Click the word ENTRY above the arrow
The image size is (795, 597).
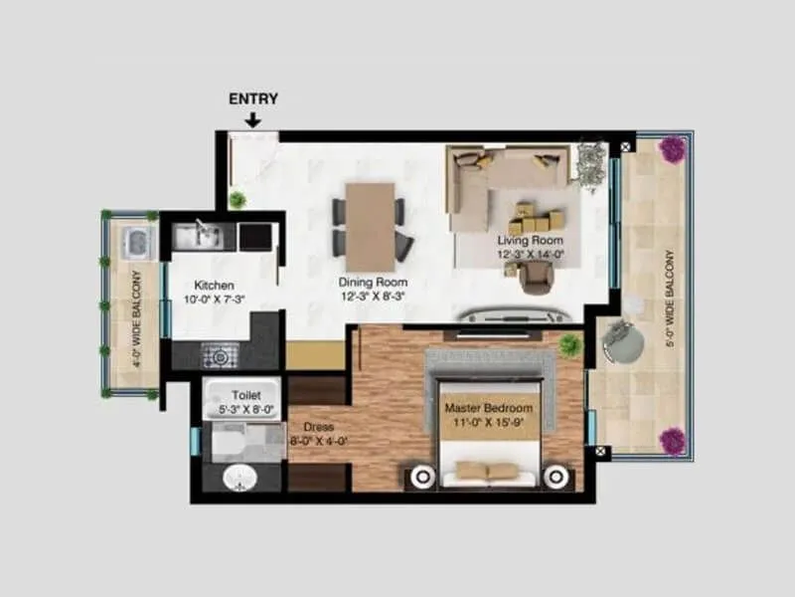(x=253, y=99)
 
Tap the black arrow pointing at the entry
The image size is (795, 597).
(x=253, y=120)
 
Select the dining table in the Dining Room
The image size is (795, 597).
(x=370, y=227)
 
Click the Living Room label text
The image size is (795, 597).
(x=531, y=241)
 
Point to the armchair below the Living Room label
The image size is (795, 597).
(x=536, y=278)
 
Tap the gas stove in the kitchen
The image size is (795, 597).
(x=220, y=354)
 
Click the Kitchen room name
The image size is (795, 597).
(x=214, y=286)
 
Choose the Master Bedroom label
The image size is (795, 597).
(x=488, y=408)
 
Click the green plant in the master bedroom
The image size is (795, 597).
(x=570, y=345)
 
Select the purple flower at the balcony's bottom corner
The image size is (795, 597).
(x=673, y=440)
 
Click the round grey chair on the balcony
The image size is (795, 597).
(x=623, y=342)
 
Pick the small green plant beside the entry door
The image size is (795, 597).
(x=237, y=200)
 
